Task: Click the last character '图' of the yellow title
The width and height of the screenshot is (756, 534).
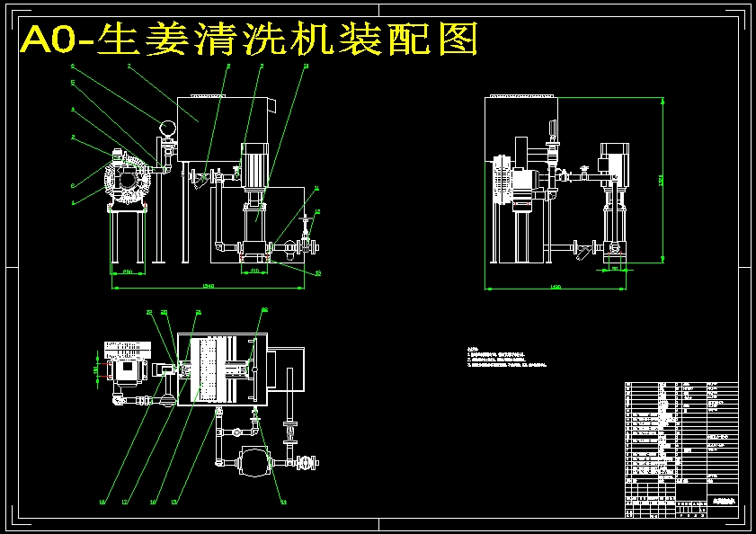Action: pyautogui.click(x=457, y=40)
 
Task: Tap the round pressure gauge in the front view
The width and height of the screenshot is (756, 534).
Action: pyautogui.click(x=166, y=129)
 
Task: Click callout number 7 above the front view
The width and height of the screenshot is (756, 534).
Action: pyautogui.click(x=129, y=66)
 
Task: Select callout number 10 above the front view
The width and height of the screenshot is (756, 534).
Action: pyautogui.click(x=306, y=66)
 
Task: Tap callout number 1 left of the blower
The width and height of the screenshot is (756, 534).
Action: pyautogui.click(x=73, y=202)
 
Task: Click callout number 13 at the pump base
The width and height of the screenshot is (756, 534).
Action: pyautogui.click(x=317, y=271)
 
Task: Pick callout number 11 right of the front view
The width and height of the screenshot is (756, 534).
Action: pyautogui.click(x=316, y=189)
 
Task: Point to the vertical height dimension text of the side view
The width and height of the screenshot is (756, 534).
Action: pyautogui.click(x=661, y=180)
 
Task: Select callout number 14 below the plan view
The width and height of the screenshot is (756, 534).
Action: pyautogui.click(x=284, y=502)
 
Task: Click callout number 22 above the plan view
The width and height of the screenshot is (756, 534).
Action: pyautogui.click(x=149, y=312)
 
